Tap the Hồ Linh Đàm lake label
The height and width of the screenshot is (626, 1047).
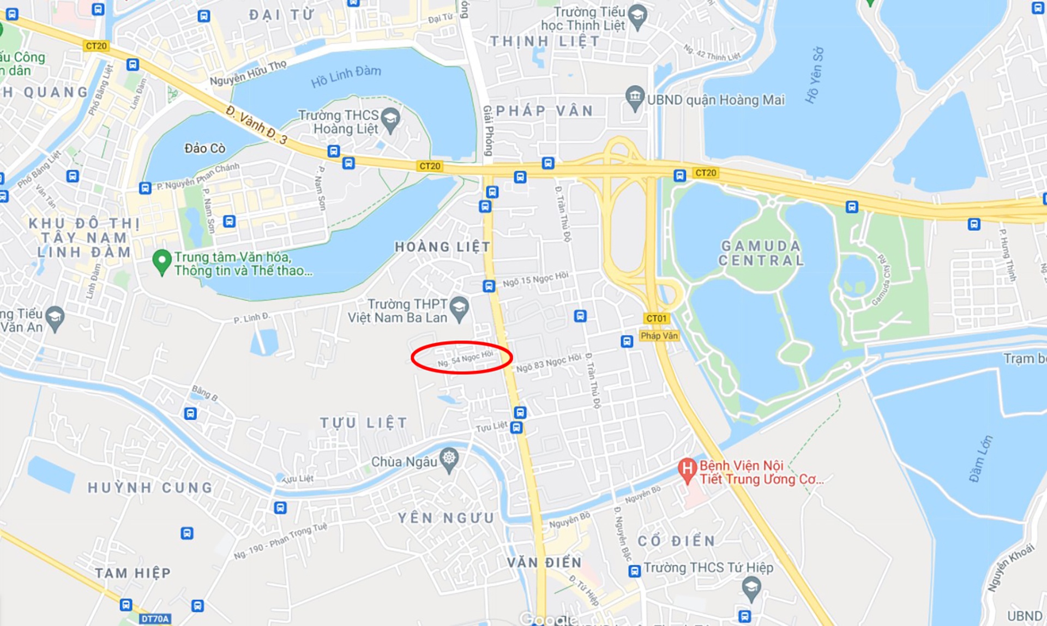(x=346, y=77)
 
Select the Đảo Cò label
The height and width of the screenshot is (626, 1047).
(x=204, y=148)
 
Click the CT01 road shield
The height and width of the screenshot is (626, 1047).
(x=656, y=318)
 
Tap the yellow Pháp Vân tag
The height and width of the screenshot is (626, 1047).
(x=659, y=336)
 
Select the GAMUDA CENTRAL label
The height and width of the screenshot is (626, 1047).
(x=761, y=254)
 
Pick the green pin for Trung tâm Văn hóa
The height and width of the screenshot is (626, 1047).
(x=161, y=261)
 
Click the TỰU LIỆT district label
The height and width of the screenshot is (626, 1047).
(x=364, y=423)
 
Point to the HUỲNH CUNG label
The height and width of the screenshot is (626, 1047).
(x=151, y=487)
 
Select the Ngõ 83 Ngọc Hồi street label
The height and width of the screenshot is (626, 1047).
(x=549, y=363)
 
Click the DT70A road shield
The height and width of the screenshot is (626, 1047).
(x=155, y=619)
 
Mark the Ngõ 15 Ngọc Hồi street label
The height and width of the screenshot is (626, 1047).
(x=535, y=279)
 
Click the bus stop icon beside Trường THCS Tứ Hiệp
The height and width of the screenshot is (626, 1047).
(x=634, y=571)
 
